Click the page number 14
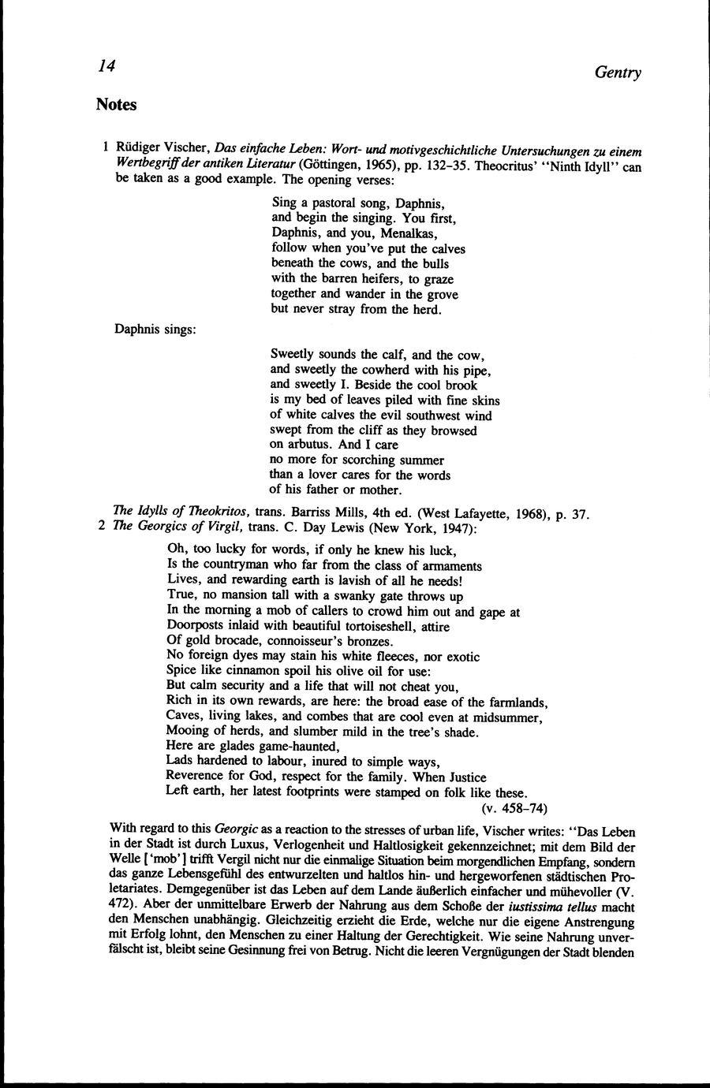coord(106,67)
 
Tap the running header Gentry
coord(618,73)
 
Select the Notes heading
coord(116,104)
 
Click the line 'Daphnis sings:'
coord(155,330)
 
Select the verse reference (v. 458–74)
coord(514,808)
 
